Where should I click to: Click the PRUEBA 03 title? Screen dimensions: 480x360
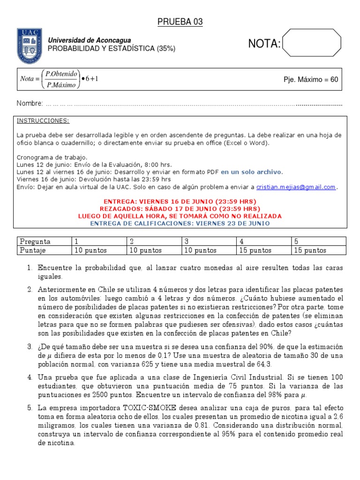[180, 22]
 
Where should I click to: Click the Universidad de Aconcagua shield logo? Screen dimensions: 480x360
[30, 46]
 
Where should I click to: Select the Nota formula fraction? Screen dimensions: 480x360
[59, 79]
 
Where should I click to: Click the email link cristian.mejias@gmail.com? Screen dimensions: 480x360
[296, 187]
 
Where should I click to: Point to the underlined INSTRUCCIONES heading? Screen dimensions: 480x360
[43, 120]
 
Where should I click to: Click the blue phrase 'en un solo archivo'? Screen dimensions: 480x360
[252, 172]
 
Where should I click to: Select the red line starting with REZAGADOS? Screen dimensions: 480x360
[180, 209]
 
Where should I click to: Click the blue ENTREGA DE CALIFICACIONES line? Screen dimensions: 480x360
[180, 224]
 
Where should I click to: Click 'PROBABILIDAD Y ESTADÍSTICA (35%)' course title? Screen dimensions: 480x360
[112, 49]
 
